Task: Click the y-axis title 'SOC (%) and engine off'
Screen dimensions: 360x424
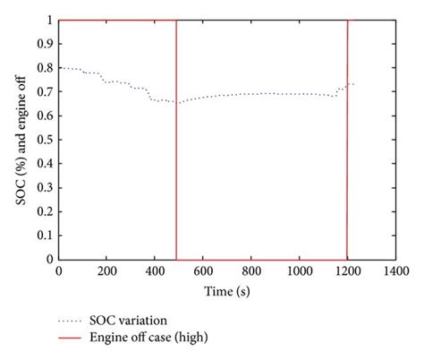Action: [20, 140]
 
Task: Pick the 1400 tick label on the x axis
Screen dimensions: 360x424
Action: [394, 270]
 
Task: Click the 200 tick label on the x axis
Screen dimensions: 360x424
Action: [106, 270]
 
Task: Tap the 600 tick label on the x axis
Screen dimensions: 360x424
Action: [202, 270]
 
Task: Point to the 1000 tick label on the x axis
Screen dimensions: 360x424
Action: [298, 270]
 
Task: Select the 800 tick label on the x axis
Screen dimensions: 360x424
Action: [250, 270]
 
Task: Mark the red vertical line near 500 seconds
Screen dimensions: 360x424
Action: [176, 143]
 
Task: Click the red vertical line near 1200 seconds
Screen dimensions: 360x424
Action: [346, 143]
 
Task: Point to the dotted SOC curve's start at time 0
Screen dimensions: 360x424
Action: [59, 68]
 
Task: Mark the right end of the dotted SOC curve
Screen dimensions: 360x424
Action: [353, 84]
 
